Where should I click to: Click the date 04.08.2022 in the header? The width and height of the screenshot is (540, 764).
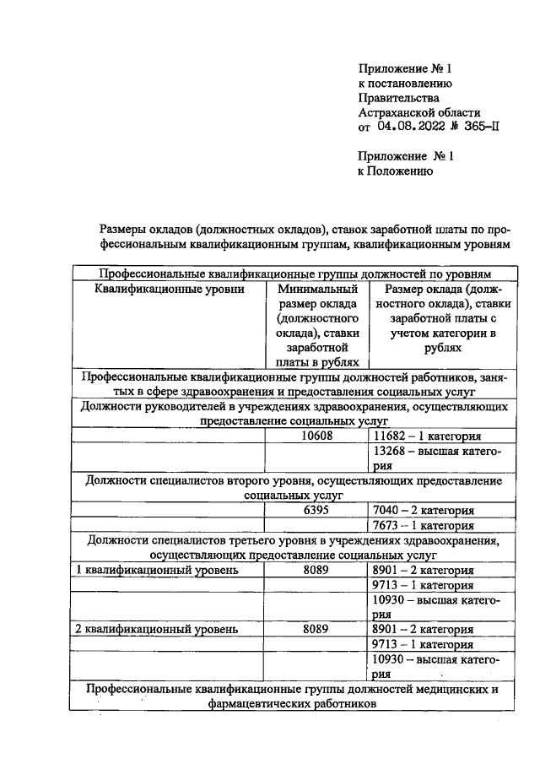point(408,127)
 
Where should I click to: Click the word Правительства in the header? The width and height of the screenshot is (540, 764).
point(392,98)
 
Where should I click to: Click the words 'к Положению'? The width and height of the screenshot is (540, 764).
point(396,171)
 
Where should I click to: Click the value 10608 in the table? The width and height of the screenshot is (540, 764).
point(316,436)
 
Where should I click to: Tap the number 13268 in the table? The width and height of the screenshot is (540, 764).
point(388,451)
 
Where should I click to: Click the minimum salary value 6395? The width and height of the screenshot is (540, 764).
point(316,510)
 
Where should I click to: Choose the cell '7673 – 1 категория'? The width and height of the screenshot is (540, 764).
point(422,525)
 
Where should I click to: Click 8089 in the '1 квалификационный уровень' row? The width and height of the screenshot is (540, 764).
point(316,570)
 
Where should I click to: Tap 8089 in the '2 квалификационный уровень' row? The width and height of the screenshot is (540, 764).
point(316,629)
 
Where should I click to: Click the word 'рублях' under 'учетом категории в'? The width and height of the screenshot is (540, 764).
point(439,347)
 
